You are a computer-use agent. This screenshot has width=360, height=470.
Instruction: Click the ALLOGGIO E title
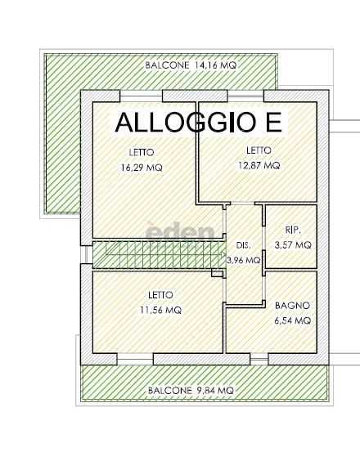point(199,123)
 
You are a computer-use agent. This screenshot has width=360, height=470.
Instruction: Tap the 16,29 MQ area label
point(142,168)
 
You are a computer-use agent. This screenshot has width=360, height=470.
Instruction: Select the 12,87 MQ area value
point(259,165)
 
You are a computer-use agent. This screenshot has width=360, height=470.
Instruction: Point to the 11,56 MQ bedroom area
point(161,310)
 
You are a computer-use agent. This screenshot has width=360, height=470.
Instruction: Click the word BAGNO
point(293,306)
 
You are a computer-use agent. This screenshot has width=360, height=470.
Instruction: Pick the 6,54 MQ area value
point(293,320)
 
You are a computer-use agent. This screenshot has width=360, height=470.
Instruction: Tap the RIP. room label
point(293,231)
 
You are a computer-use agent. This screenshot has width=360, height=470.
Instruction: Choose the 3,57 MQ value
point(293,245)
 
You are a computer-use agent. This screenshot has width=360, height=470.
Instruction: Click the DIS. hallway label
point(243,245)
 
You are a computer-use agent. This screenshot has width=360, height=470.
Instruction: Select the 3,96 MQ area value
point(244,260)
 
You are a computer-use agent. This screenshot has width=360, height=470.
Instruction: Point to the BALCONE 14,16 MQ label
point(191,65)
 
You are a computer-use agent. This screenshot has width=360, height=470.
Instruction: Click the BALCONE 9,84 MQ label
point(191,391)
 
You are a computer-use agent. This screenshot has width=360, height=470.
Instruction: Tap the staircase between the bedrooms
point(159,254)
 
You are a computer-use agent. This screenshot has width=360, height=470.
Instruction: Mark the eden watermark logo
point(181,231)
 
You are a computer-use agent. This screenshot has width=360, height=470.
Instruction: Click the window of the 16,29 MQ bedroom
point(141,96)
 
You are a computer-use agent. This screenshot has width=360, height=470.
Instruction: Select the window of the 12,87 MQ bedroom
point(245,96)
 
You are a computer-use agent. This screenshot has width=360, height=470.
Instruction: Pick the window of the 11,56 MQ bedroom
point(135,359)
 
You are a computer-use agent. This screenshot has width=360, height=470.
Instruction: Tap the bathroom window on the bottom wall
point(259,359)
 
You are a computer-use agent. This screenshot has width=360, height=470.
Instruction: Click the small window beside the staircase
point(87,254)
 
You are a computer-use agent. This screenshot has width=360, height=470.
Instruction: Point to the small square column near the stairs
point(216,273)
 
